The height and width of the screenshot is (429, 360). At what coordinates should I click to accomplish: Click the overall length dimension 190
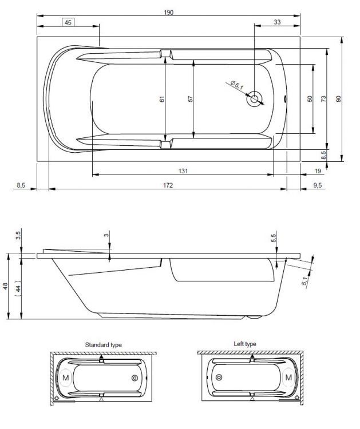point(168,12)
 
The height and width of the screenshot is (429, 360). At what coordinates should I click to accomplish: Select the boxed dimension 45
point(68,22)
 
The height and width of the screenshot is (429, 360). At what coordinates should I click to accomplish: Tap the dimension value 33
point(277,22)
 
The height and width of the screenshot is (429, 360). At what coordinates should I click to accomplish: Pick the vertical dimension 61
point(162,99)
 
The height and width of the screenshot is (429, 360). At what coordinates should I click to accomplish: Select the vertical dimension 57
point(189,99)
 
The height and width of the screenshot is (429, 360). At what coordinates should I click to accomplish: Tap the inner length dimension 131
point(183,170)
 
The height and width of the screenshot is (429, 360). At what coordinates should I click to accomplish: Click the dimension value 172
point(168,185)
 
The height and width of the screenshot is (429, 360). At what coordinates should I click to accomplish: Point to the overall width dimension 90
point(338,99)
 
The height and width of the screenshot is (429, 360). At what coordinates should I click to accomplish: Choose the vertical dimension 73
point(323,99)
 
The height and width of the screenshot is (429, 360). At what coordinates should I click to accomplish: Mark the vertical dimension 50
point(310,99)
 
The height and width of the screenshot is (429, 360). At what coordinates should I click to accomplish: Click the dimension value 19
point(318,170)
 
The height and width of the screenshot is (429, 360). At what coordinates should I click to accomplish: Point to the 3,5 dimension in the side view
point(18,235)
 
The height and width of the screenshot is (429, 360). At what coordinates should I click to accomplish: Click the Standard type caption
point(103,345)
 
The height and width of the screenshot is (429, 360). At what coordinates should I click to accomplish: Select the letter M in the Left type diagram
point(288,378)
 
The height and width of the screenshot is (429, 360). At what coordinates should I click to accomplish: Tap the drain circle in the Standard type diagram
point(136,378)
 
